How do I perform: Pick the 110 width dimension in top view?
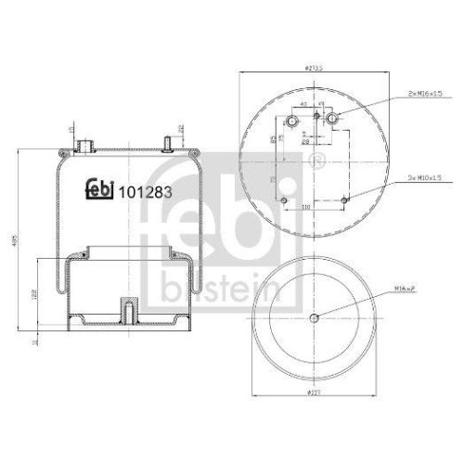tap(303, 207)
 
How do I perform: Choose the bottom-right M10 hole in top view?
tap(343, 200)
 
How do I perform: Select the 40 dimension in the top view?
tap(303, 104)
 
